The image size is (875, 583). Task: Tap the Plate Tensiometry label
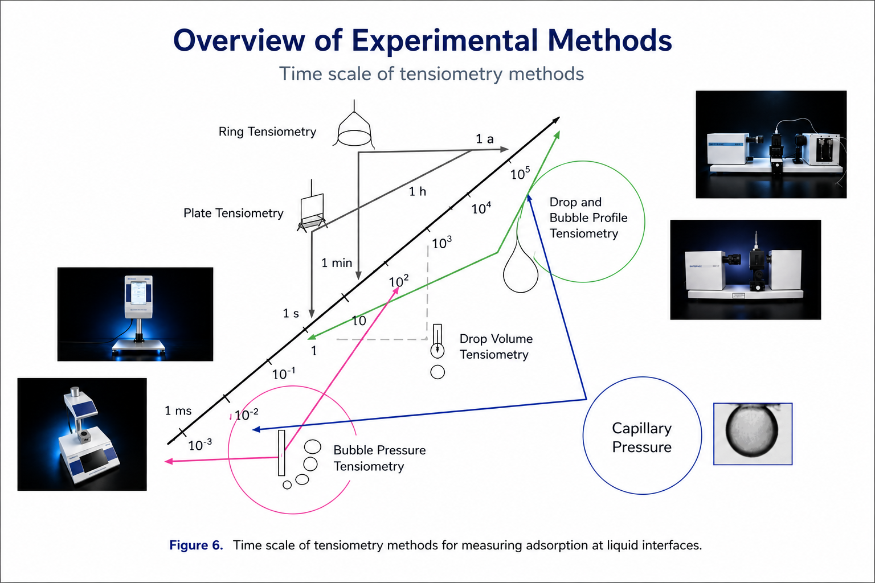click(x=233, y=213)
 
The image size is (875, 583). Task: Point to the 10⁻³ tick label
click(x=200, y=445)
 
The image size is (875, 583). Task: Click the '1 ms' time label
click(x=178, y=411)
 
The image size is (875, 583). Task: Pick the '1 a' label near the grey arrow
click(x=485, y=138)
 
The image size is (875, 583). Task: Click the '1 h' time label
click(x=418, y=191)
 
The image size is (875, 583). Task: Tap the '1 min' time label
click(x=337, y=263)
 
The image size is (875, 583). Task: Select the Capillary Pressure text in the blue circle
click(x=642, y=437)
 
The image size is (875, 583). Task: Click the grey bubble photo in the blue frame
click(x=753, y=434)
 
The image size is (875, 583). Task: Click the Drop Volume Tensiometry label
click(x=496, y=346)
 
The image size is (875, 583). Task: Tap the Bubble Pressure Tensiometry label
click(x=379, y=458)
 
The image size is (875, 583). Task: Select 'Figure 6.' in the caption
click(x=196, y=545)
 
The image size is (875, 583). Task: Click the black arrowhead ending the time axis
click(x=556, y=120)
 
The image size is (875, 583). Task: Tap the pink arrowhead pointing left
click(x=169, y=462)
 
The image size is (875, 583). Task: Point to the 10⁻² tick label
click(x=247, y=414)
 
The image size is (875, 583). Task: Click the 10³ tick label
click(x=442, y=243)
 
